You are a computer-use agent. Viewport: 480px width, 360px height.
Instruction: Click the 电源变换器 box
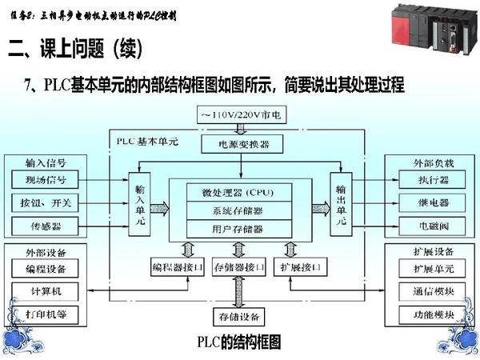click(238, 145)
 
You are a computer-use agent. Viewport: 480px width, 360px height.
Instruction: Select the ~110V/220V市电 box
click(238, 116)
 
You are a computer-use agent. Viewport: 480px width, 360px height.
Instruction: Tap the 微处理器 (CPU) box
click(238, 193)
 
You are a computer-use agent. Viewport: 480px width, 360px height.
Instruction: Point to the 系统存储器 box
click(238, 210)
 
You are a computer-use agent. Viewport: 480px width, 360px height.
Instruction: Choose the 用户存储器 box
click(238, 229)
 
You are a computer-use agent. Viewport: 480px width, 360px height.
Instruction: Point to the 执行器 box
click(434, 179)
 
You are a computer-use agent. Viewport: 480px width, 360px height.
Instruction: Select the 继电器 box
click(434, 202)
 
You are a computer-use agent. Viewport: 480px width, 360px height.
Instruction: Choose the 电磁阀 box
click(434, 226)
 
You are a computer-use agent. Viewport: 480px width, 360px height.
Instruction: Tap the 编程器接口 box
click(178, 266)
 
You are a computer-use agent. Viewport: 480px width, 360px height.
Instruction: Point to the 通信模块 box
click(434, 290)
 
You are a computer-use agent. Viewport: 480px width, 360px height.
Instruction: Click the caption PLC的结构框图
click(239, 342)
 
